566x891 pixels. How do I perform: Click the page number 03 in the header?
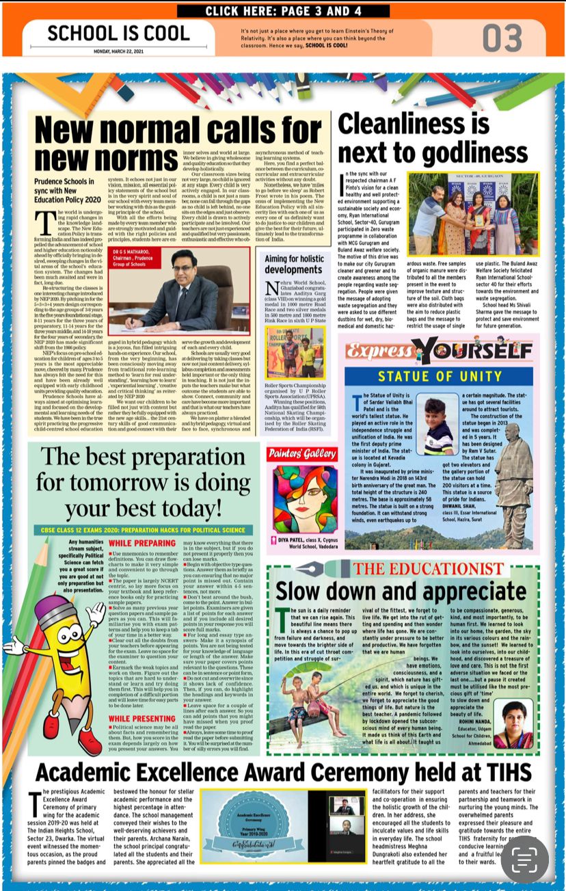click(x=502, y=38)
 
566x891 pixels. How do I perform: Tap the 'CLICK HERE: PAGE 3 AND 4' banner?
click(x=283, y=11)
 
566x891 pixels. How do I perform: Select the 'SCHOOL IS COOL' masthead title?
click(x=118, y=33)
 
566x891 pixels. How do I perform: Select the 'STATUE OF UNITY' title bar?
click(x=441, y=375)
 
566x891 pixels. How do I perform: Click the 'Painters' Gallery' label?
click(x=302, y=453)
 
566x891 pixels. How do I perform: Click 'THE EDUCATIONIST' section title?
click(x=428, y=569)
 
